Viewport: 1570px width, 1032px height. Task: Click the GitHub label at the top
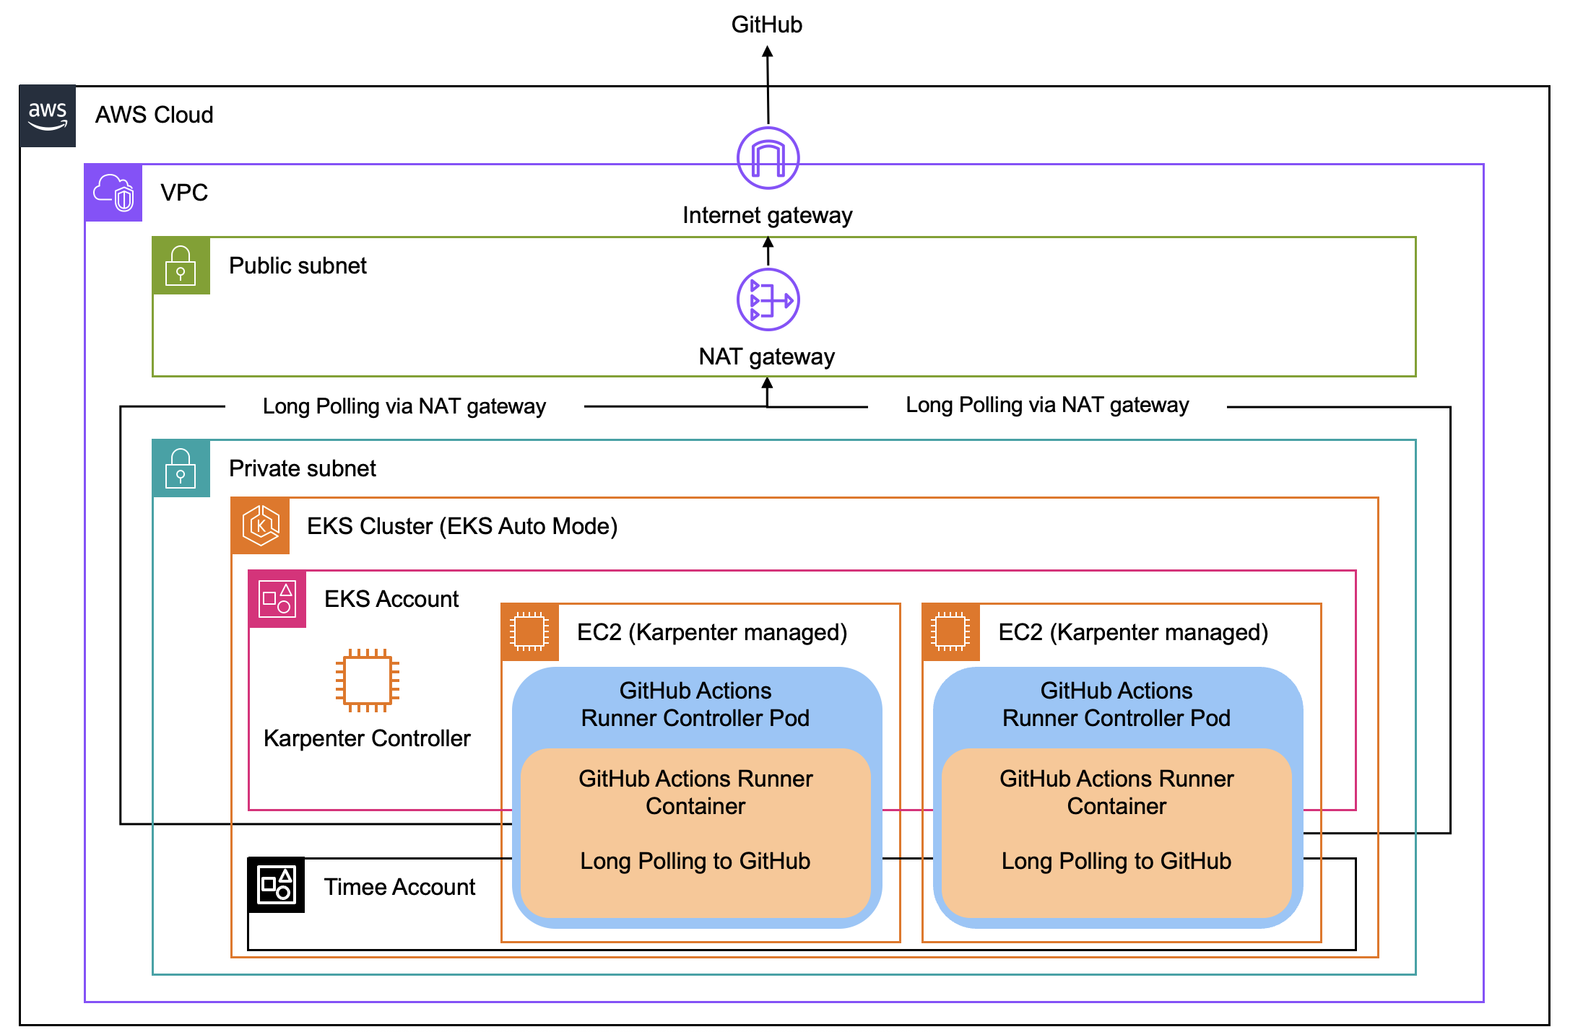coord(766,25)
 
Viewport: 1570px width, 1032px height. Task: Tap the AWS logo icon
coord(48,115)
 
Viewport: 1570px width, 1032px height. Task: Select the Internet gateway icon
coord(768,158)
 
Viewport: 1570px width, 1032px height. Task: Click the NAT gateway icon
coord(768,299)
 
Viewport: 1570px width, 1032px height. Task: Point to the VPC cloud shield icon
coord(113,193)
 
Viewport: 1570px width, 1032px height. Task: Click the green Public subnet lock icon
coord(181,266)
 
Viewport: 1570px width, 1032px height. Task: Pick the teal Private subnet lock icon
coord(181,468)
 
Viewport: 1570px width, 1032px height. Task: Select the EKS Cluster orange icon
coord(261,525)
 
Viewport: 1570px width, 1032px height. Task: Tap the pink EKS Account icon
coord(277,599)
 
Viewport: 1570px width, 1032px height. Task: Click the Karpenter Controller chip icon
coord(367,681)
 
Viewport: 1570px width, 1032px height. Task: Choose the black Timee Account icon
coord(277,885)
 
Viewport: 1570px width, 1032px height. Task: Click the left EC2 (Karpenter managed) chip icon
coord(530,632)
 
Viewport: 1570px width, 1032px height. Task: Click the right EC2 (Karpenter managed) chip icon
coord(951,632)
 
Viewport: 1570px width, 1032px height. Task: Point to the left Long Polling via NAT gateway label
coord(404,406)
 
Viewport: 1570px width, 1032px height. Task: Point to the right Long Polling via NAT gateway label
coord(1046,405)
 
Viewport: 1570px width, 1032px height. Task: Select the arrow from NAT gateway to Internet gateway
coord(768,252)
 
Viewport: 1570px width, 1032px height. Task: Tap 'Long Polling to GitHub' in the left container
coord(695,861)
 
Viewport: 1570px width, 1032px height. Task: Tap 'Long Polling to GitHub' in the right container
coord(1116,861)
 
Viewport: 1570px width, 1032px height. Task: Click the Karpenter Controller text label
coord(367,738)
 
